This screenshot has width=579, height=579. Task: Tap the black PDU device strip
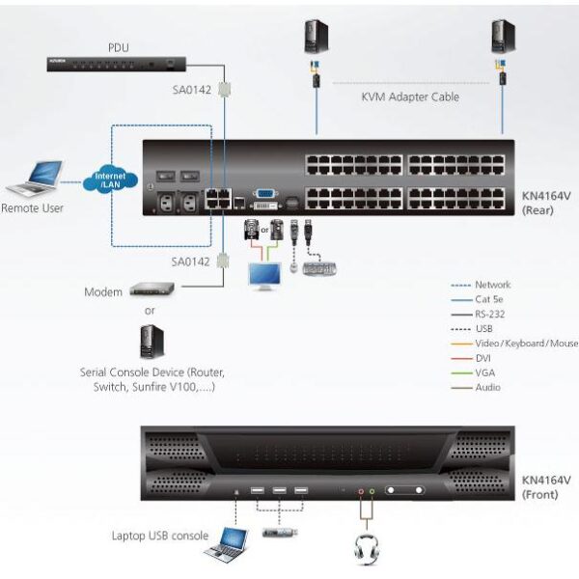coord(115,65)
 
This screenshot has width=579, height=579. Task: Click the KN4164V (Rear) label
coord(547,201)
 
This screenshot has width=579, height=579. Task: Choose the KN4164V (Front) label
coord(547,486)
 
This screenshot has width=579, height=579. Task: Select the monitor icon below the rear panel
coord(263,276)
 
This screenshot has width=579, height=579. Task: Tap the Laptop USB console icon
coord(225,543)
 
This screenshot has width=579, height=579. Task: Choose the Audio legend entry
coord(488,387)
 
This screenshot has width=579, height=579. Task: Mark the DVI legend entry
coord(484,358)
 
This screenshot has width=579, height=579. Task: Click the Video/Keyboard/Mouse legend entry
coord(526,344)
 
